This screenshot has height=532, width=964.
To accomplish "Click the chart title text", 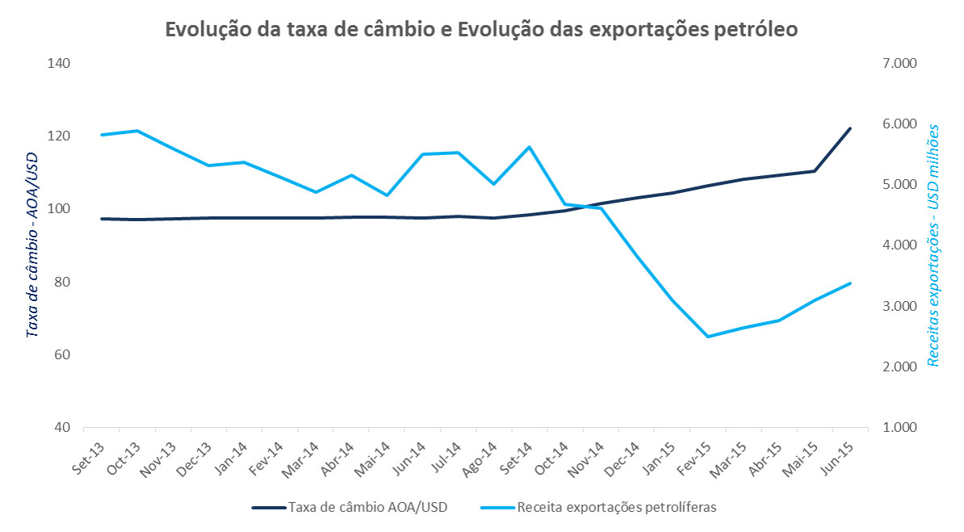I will point(481,29).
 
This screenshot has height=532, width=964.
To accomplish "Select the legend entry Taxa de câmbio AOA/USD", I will point(367,508).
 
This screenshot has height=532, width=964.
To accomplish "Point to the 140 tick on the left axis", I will point(60,63).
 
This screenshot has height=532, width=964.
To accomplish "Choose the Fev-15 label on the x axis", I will point(695,458).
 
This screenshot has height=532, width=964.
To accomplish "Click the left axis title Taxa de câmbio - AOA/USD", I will point(32,245).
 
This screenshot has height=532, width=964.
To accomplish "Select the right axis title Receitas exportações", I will point(934,245).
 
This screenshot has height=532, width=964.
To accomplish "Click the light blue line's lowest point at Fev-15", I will point(707,337).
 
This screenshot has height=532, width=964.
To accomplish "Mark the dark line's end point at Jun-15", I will point(850,128).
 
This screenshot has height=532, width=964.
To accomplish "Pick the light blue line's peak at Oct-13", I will point(136,131).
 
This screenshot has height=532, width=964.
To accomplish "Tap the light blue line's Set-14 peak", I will point(529,147).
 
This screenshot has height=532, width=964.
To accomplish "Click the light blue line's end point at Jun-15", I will point(850,283).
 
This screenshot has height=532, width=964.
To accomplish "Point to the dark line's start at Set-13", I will point(101,219).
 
